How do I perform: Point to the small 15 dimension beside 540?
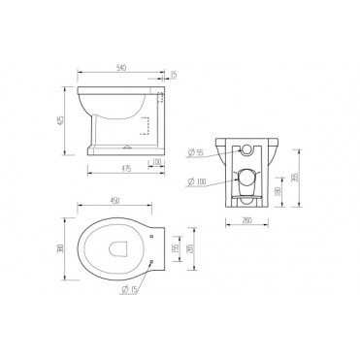pos(175,75)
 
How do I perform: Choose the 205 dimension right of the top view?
pos(190,249)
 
